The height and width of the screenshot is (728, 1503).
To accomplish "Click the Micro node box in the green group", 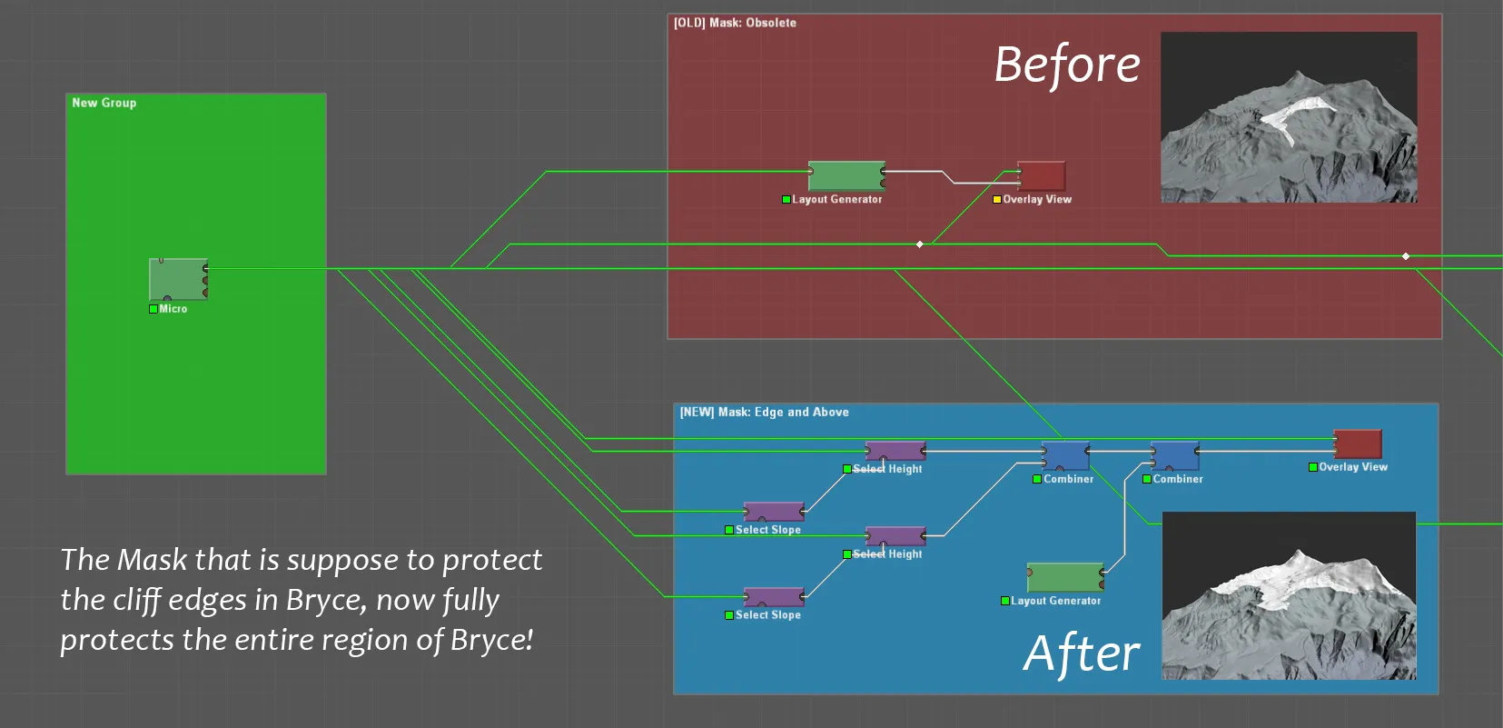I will tap(178, 279).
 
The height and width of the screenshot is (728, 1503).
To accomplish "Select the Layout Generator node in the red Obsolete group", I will tap(845, 175).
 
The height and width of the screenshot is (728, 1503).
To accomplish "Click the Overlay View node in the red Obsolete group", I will tap(1041, 175).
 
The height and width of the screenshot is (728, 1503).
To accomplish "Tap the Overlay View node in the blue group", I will tap(1357, 444).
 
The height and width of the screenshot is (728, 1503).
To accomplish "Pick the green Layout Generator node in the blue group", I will tap(1064, 577).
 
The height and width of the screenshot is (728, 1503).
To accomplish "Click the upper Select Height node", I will tap(895, 451).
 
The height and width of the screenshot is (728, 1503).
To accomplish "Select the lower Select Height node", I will tap(895, 536).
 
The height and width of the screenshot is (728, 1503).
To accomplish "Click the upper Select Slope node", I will tap(774, 512).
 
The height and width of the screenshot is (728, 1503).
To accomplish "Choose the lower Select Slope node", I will tap(774, 597).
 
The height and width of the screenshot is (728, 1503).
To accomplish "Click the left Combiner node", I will tap(1064, 454).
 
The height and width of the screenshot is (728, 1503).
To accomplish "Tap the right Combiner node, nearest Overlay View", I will tap(1174, 454).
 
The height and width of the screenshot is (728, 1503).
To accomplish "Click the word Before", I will tap(1067, 65).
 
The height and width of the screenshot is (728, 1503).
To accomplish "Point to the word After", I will tap(1082, 653).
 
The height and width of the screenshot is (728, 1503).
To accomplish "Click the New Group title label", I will tap(104, 103).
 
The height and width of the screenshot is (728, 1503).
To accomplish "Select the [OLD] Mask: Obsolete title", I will tap(735, 23).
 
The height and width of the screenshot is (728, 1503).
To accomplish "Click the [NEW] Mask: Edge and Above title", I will tap(765, 412).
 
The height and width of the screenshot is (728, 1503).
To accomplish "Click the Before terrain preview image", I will tap(1289, 117).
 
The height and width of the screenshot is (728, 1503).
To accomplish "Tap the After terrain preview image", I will tap(1289, 595).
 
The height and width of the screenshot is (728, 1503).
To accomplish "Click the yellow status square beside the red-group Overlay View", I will tap(996, 199).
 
